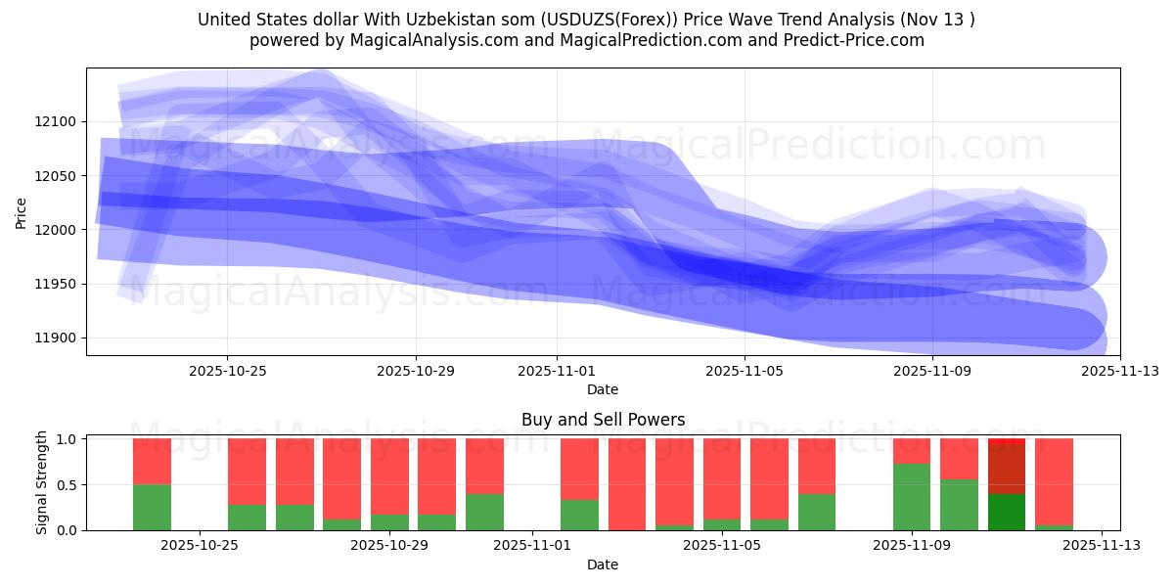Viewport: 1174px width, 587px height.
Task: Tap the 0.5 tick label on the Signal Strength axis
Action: click(x=68, y=485)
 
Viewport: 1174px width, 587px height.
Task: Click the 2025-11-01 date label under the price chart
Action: click(x=557, y=371)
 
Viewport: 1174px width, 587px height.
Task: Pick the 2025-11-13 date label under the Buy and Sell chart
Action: click(x=1102, y=546)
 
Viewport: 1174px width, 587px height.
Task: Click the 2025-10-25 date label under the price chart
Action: click(x=227, y=371)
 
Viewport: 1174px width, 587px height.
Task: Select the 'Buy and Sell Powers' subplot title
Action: click(x=603, y=420)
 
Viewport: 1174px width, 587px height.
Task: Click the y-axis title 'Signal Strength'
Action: click(x=41, y=482)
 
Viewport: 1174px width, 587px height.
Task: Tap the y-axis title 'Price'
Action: click(x=22, y=211)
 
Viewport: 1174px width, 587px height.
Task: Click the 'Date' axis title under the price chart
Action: click(x=603, y=389)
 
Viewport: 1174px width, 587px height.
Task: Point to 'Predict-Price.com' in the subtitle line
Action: click(x=848, y=40)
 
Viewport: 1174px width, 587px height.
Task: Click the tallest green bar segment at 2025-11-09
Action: click(x=912, y=497)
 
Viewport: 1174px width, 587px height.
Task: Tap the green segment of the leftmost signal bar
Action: click(x=152, y=508)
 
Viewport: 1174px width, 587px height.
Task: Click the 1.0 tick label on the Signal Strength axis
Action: click(x=68, y=439)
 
